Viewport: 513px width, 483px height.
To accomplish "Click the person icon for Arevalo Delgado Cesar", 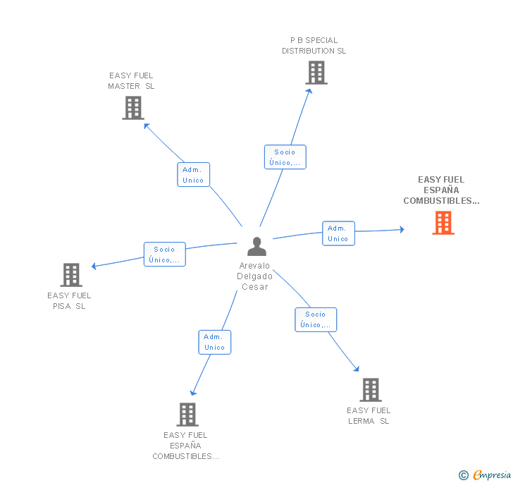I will pyautogui.click(x=256, y=247).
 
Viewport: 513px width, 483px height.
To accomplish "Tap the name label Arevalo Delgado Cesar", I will pyautogui.click(x=255, y=276).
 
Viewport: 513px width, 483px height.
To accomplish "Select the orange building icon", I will pyautogui.click(x=443, y=223).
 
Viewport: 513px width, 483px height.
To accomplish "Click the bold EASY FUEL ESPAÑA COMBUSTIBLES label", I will pyautogui.click(x=441, y=190).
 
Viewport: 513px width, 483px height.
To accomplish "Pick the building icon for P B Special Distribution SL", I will pyautogui.click(x=316, y=72).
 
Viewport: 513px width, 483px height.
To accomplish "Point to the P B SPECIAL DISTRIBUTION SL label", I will pyautogui.click(x=314, y=46).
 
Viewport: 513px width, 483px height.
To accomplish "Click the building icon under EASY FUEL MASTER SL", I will pyautogui.click(x=132, y=108).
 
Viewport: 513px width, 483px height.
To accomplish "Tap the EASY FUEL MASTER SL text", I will pyautogui.click(x=131, y=81).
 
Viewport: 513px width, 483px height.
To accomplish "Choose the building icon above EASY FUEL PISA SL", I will pyautogui.click(x=71, y=274).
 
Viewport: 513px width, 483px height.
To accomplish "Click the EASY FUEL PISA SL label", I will pyautogui.click(x=70, y=301).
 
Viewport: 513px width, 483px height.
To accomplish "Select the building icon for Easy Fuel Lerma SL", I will pyautogui.click(x=370, y=389).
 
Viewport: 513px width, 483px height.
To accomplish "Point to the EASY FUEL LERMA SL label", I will pyautogui.click(x=369, y=416).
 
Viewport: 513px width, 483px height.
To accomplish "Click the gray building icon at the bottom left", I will pyautogui.click(x=187, y=414).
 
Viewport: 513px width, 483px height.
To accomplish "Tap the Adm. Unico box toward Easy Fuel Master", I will pyautogui.click(x=193, y=175).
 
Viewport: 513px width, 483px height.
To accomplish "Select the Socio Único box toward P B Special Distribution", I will pyautogui.click(x=285, y=157).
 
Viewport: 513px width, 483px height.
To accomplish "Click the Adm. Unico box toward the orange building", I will pyautogui.click(x=338, y=233).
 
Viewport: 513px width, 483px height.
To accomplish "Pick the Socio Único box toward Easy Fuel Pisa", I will pyautogui.click(x=164, y=255).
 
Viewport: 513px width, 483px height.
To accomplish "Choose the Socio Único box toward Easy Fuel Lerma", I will pyautogui.click(x=316, y=319).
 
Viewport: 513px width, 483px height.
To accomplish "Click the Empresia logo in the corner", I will pyautogui.click(x=484, y=475).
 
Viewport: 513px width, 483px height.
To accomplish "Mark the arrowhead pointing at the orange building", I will pyautogui.click(x=401, y=229).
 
